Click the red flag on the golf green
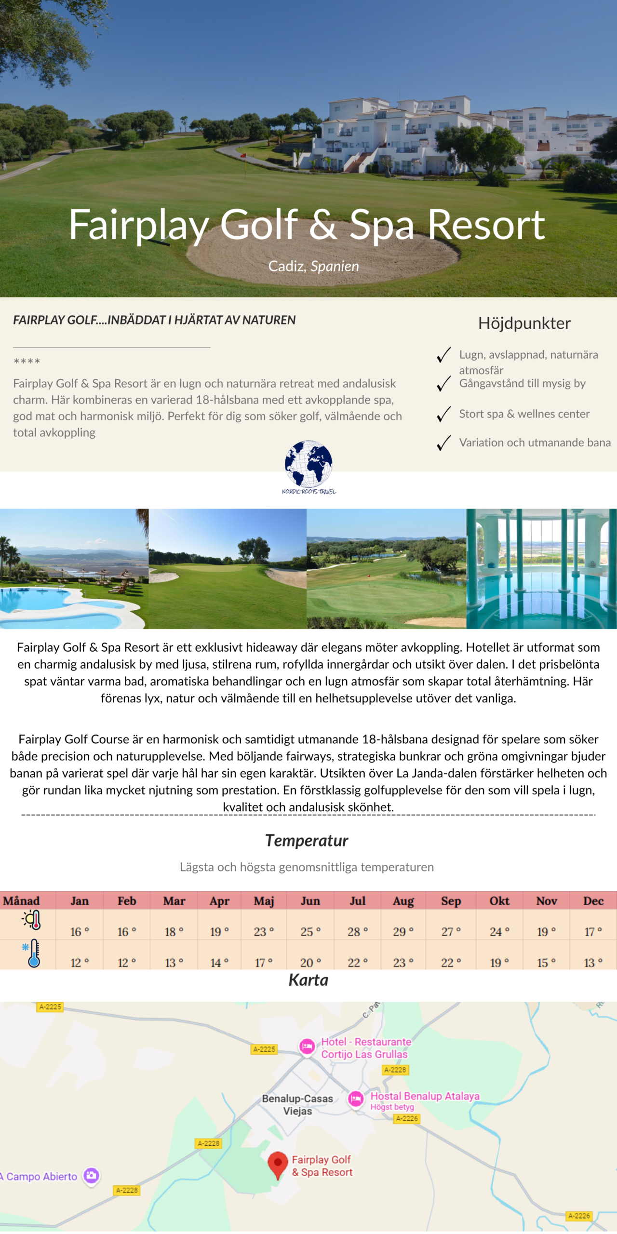pyautogui.click(x=243, y=156)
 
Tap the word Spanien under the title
pyautogui.click(x=335, y=266)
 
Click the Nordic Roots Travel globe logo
pyautogui.click(x=308, y=464)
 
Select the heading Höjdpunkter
pyautogui.click(x=524, y=323)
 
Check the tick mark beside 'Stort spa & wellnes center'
pyautogui.click(x=443, y=414)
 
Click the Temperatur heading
pyautogui.click(x=307, y=841)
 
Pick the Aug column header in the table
pyautogui.click(x=403, y=901)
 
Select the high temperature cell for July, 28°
pyautogui.click(x=357, y=932)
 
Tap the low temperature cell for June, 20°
pyautogui.click(x=310, y=963)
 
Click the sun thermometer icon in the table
pyautogui.click(x=32, y=920)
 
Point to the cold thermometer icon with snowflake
pyautogui.click(x=32, y=952)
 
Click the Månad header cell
pyautogui.click(x=21, y=901)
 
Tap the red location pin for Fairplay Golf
pyautogui.click(x=278, y=1164)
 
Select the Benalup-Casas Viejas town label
pyautogui.click(x=297, y=1105)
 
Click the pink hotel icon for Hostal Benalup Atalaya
pyautogui.click(x=356, y=1099)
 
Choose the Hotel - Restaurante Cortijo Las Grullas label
pyautogui.click(x=365, y=1048)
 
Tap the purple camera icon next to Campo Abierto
pyautogui.click(x=92, y=1176)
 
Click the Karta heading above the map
pyautogui.click(x=308, y=980)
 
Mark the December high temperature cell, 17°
pyautogui.click(x=593, y=932)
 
